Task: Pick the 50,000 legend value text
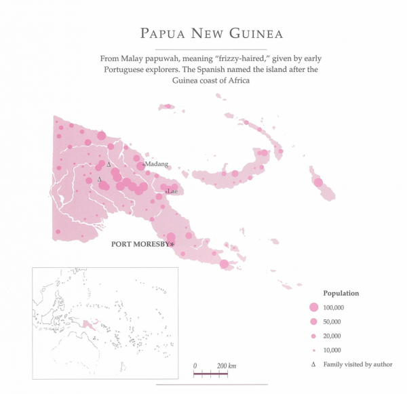click(x=337, y=321)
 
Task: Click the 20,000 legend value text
click(x=337, y=336)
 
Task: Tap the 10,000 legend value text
click(x=337, y=351)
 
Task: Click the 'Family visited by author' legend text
click(x=358, y=365)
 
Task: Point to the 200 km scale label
click(x=226, y=366)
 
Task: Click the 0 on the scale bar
click(x=195, y=366)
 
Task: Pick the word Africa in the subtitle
click(x=235, y=81)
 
